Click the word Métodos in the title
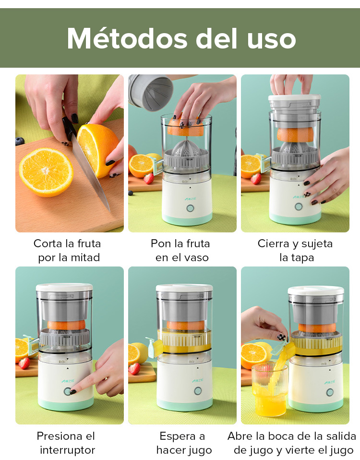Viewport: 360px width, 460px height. point(127,38)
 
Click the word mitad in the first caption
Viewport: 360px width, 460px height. point(85,257)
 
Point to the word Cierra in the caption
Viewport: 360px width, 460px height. point(273,243)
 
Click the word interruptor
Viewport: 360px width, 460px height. point(67,450)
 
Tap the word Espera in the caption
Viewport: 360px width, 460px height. point(178,436)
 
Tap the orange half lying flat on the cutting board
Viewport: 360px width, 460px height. point(46,172)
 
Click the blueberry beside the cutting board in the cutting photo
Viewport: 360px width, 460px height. point(20,141)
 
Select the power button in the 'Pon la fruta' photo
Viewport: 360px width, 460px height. point(190,208)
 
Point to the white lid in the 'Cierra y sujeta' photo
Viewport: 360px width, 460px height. point(294,98)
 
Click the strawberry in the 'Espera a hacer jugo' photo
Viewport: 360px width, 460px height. point(134,368)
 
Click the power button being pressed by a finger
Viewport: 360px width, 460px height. point(67,391)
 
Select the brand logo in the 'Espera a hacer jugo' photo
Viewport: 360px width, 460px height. point(199,381)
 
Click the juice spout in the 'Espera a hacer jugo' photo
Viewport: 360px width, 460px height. point(154,347)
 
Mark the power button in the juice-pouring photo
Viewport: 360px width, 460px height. point(330,392)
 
